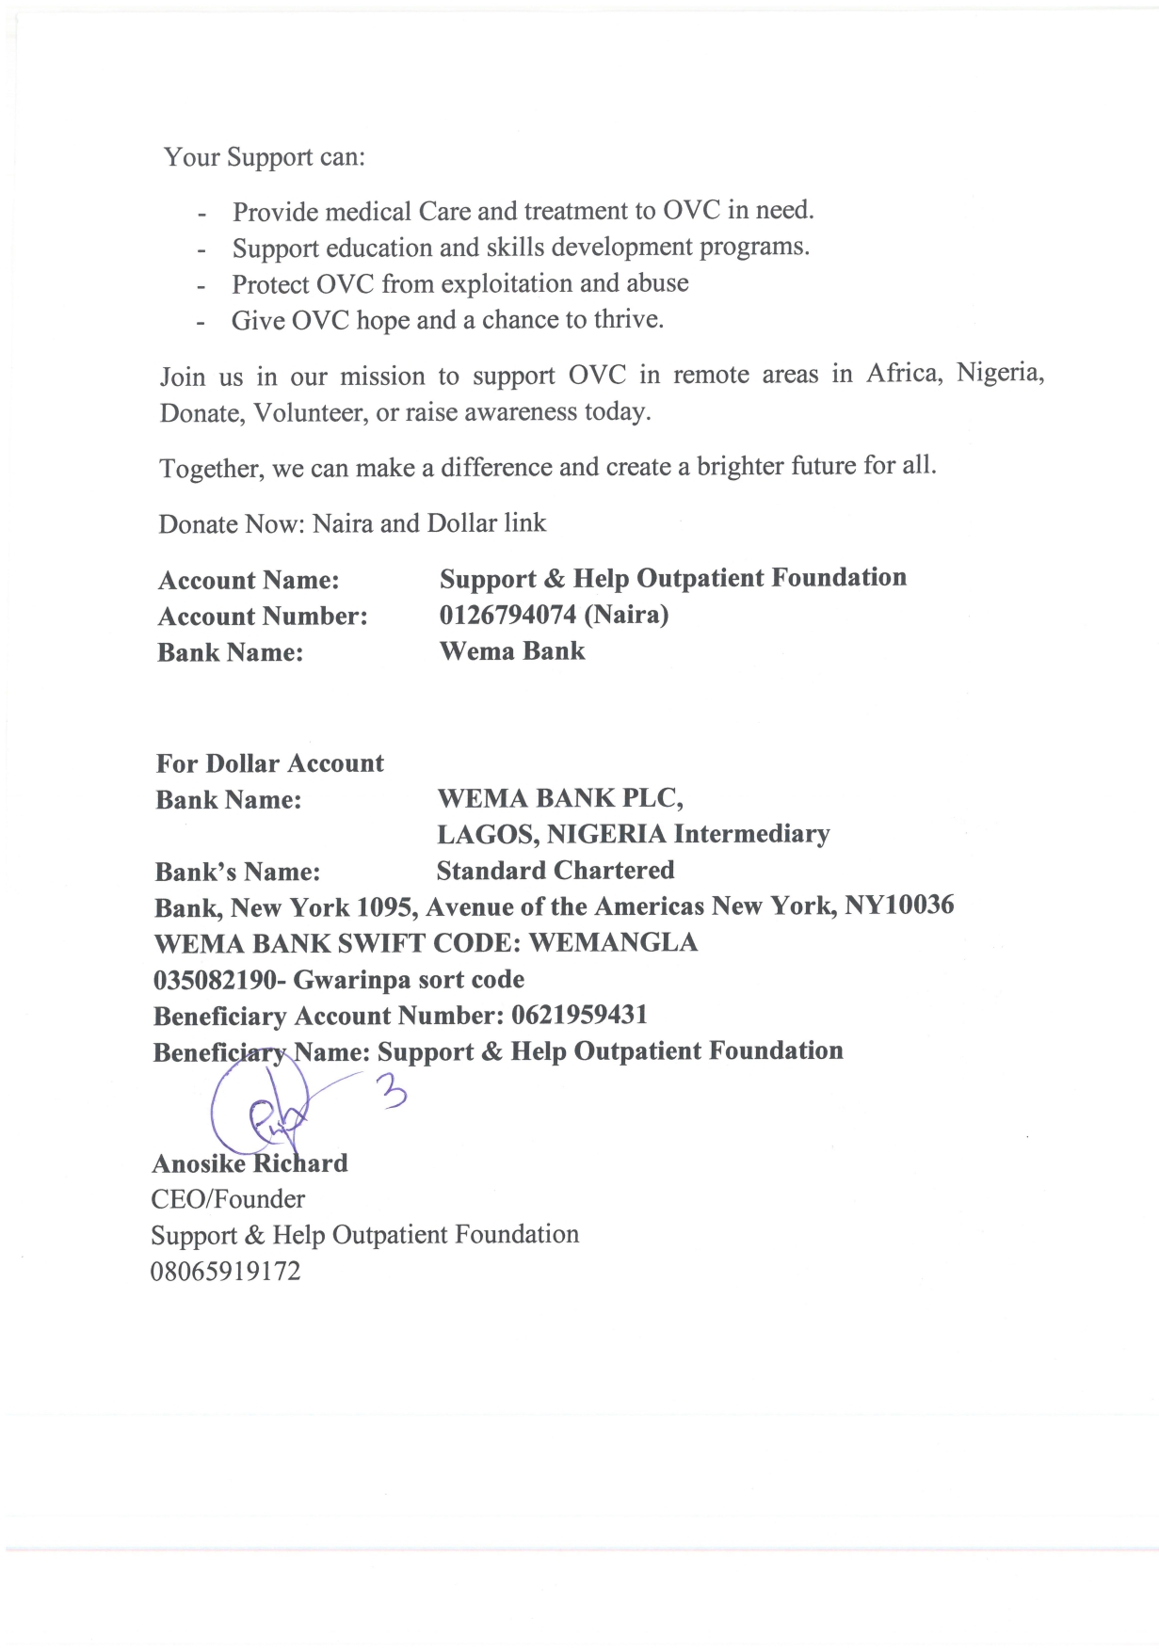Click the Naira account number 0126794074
pyautogui.click(x=507, y=616)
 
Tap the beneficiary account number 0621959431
pyautogui.click(x=579, y=1016)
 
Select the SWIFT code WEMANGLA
pyautogui.click(x=613, y=943)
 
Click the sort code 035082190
pyautogui.click(x=215, y=980)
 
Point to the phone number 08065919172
pyautogui.click(x=226, y=1272)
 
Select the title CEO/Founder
pyautogui.click(x=228, y=1199)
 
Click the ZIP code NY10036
pyautogui.click(x=899, y=906)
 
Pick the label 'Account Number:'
pyautogui.click(x=263, y=617)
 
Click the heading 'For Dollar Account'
pyautogui.click(x=270, y=763)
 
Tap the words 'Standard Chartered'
pyautogui.click(x=555, y=871)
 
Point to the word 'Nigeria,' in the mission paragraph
pyautogui.click(x=1000, y=374)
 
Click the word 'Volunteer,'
pyautogui.click(x=311, y=413)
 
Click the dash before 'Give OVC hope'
pyautogui.click(x=201, y=322)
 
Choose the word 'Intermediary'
pyautogui.click(x=751, y=834)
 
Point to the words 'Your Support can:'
pyautogui.click(x=265, y=156)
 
